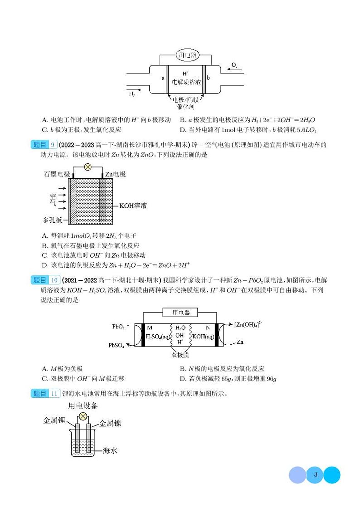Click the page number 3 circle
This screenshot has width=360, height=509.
[x=315, y=475]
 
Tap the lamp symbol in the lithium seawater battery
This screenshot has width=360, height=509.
[x=83, y=416]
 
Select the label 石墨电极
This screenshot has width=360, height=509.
[x=57, y=174]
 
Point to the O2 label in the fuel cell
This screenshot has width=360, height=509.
[x=234, y=65]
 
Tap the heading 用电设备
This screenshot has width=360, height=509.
[x=83, y=406]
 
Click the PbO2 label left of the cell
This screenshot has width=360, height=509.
[x=118, y=327]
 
